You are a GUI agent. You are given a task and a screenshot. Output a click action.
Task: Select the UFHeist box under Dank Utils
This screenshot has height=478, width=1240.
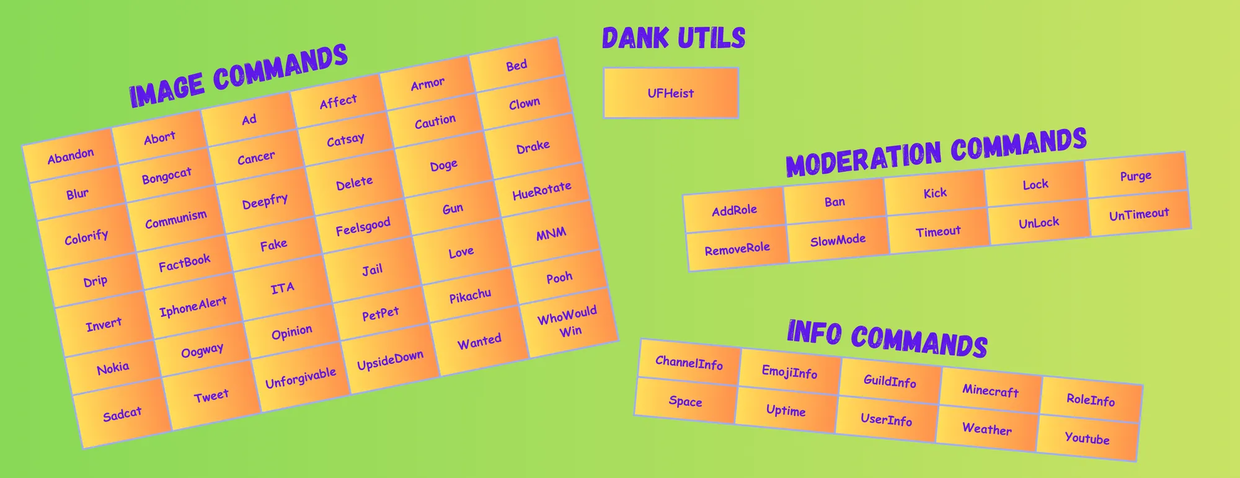pos(671,93)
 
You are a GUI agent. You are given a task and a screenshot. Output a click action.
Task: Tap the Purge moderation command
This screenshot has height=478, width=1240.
pos(1136,176)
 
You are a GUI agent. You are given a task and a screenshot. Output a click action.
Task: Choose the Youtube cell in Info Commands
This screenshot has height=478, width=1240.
pos(1087,438)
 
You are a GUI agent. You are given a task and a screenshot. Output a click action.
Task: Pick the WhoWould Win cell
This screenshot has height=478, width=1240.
pos(569,321)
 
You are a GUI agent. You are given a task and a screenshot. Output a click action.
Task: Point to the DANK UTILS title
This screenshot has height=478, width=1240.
pos(673,38)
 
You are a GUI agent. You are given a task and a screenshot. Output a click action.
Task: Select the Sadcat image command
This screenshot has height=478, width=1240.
pos(122,414)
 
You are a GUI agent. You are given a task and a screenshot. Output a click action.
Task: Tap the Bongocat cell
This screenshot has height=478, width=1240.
pos(166,176)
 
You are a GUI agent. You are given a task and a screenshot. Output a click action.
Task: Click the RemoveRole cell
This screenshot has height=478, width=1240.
pos(737,249)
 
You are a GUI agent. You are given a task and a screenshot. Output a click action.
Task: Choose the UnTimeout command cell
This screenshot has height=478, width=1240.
pos(1140,215)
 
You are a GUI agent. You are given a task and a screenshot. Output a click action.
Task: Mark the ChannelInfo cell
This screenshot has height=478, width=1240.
pos(689,363)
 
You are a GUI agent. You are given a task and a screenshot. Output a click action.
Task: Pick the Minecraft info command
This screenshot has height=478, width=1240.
pos(991,391)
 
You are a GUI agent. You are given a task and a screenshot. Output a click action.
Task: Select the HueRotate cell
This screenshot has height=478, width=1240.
pos(541,190)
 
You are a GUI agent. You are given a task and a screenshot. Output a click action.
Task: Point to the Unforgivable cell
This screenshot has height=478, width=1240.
pos(301,378)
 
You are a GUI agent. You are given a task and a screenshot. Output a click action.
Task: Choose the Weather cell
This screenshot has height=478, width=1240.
pos(987,429)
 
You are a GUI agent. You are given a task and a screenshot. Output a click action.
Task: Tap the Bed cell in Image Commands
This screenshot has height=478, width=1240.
pos(516,65)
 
